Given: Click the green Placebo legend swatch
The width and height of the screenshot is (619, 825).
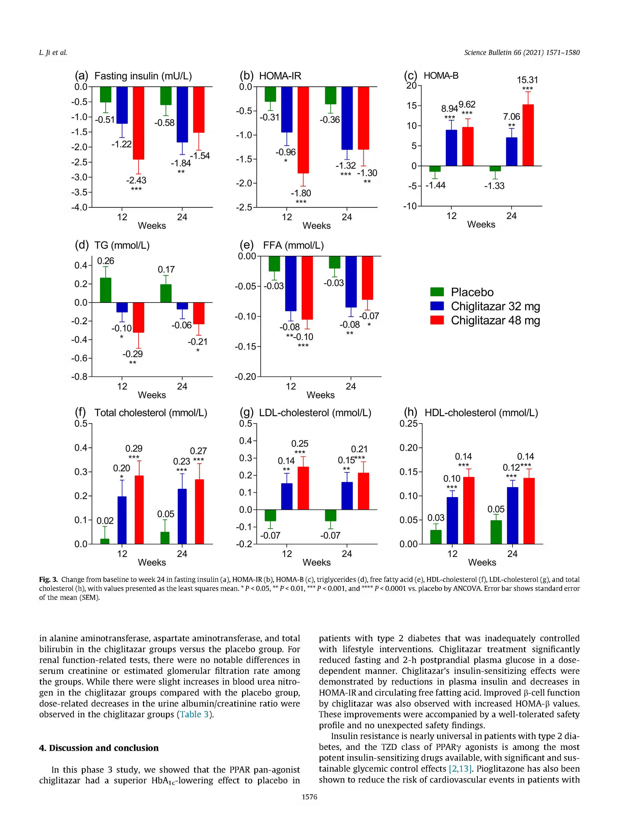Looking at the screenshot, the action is [437, 292].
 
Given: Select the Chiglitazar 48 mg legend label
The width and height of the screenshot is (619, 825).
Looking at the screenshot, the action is [495, 320].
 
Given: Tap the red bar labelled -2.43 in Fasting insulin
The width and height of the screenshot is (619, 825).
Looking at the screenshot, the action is [138, 123].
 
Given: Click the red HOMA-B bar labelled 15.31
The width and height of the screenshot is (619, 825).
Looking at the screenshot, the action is [528, 135].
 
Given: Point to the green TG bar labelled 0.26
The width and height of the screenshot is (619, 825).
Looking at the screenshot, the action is [106, 290].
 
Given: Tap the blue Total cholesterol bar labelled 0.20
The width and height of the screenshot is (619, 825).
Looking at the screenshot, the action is [122, 520].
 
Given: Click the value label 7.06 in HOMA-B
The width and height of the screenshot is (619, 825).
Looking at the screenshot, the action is [511, 117].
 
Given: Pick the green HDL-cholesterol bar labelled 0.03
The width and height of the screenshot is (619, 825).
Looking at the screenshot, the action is [436, 537].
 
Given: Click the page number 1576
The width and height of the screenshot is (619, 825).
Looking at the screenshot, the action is [309, 797].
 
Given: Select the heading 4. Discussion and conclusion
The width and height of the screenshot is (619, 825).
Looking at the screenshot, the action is [99, 747].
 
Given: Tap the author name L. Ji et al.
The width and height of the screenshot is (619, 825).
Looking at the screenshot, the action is [53, 53].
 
